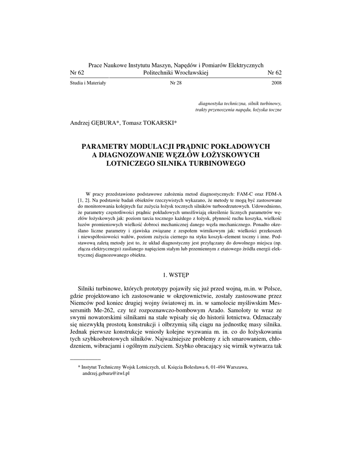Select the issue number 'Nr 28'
pyautogui.click(x=176, y=83)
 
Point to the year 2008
pyautogui.click(x=276, y=83)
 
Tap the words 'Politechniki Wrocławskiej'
pyautogui.click(x=175, y=73)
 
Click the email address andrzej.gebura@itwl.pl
pyautogui.click(x=106, y=373)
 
